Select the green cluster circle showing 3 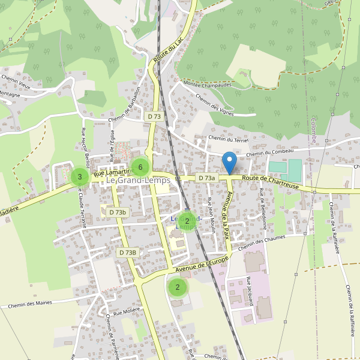coord(79,176)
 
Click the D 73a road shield coord(206,178)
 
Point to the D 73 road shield coord(154,116)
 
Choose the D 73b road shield coord(118,212)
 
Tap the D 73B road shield coord(128,253)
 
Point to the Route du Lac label coord(168,50)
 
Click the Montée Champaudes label coord(208,85)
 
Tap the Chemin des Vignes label coord(213,105)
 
